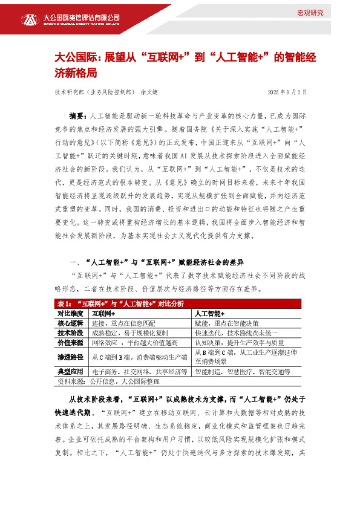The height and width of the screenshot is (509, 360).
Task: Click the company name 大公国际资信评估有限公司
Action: pos(80,17)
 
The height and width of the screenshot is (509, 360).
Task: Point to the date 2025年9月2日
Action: pos(287,92)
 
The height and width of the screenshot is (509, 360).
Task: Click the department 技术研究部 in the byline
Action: pos(70,92)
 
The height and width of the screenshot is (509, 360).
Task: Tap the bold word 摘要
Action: pos(78,114)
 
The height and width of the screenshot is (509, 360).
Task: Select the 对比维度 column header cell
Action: pos(68,314)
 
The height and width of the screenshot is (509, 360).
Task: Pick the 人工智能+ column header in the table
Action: pos(209,314)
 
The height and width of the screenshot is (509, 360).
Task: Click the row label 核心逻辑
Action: pos(68,323)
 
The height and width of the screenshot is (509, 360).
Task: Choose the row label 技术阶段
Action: pos(68,332)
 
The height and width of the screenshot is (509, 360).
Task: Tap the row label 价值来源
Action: pos(68,342)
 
